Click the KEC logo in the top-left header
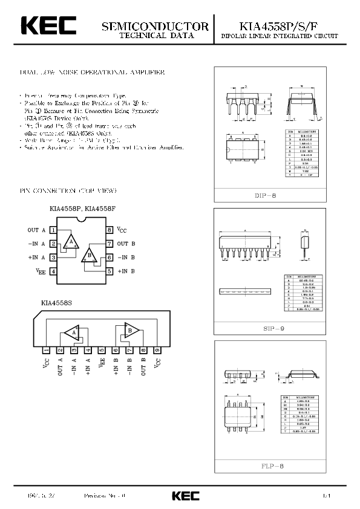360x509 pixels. click(x=49, y=26)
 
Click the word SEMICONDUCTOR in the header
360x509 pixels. click(x=155, y=27)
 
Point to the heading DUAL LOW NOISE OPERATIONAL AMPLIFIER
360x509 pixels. click(x=92, y=73)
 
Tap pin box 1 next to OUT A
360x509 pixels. click(x=54, y=230)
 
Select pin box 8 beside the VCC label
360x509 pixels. click(x=110, y=230)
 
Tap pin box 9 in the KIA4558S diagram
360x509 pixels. click(x=157, y=350)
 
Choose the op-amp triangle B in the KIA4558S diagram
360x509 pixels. click(x=129, y=331)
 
